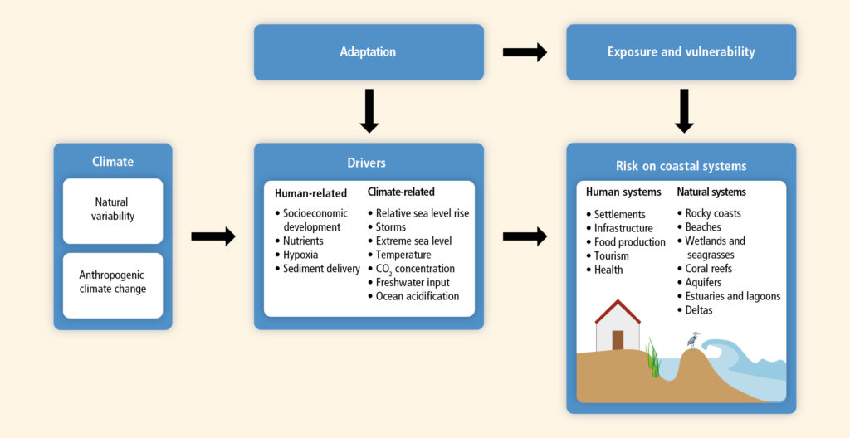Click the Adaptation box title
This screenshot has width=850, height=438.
[x=368, y=52]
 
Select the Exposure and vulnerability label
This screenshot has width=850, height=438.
[x=681, y=52]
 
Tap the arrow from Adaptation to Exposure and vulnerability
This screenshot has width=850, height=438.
[x=525, y=52]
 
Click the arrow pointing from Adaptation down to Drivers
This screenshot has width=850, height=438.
[x=369, y=111]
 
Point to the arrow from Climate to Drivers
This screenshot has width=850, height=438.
[x=213, y=236]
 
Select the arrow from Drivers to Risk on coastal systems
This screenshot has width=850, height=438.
[x=525, y=236]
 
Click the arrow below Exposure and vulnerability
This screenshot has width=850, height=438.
[x=684, y=111]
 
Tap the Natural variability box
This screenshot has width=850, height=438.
[x=113, y=211]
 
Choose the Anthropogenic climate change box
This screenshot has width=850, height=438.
[x=113, y=285]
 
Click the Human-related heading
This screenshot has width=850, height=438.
[x=310, y=193]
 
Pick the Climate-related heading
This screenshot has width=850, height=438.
[x=401, y=192]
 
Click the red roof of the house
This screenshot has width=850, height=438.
[x=618, y=311]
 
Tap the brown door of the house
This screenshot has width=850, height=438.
[x=618, y=340]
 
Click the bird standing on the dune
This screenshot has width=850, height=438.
[x=693, y=340]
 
